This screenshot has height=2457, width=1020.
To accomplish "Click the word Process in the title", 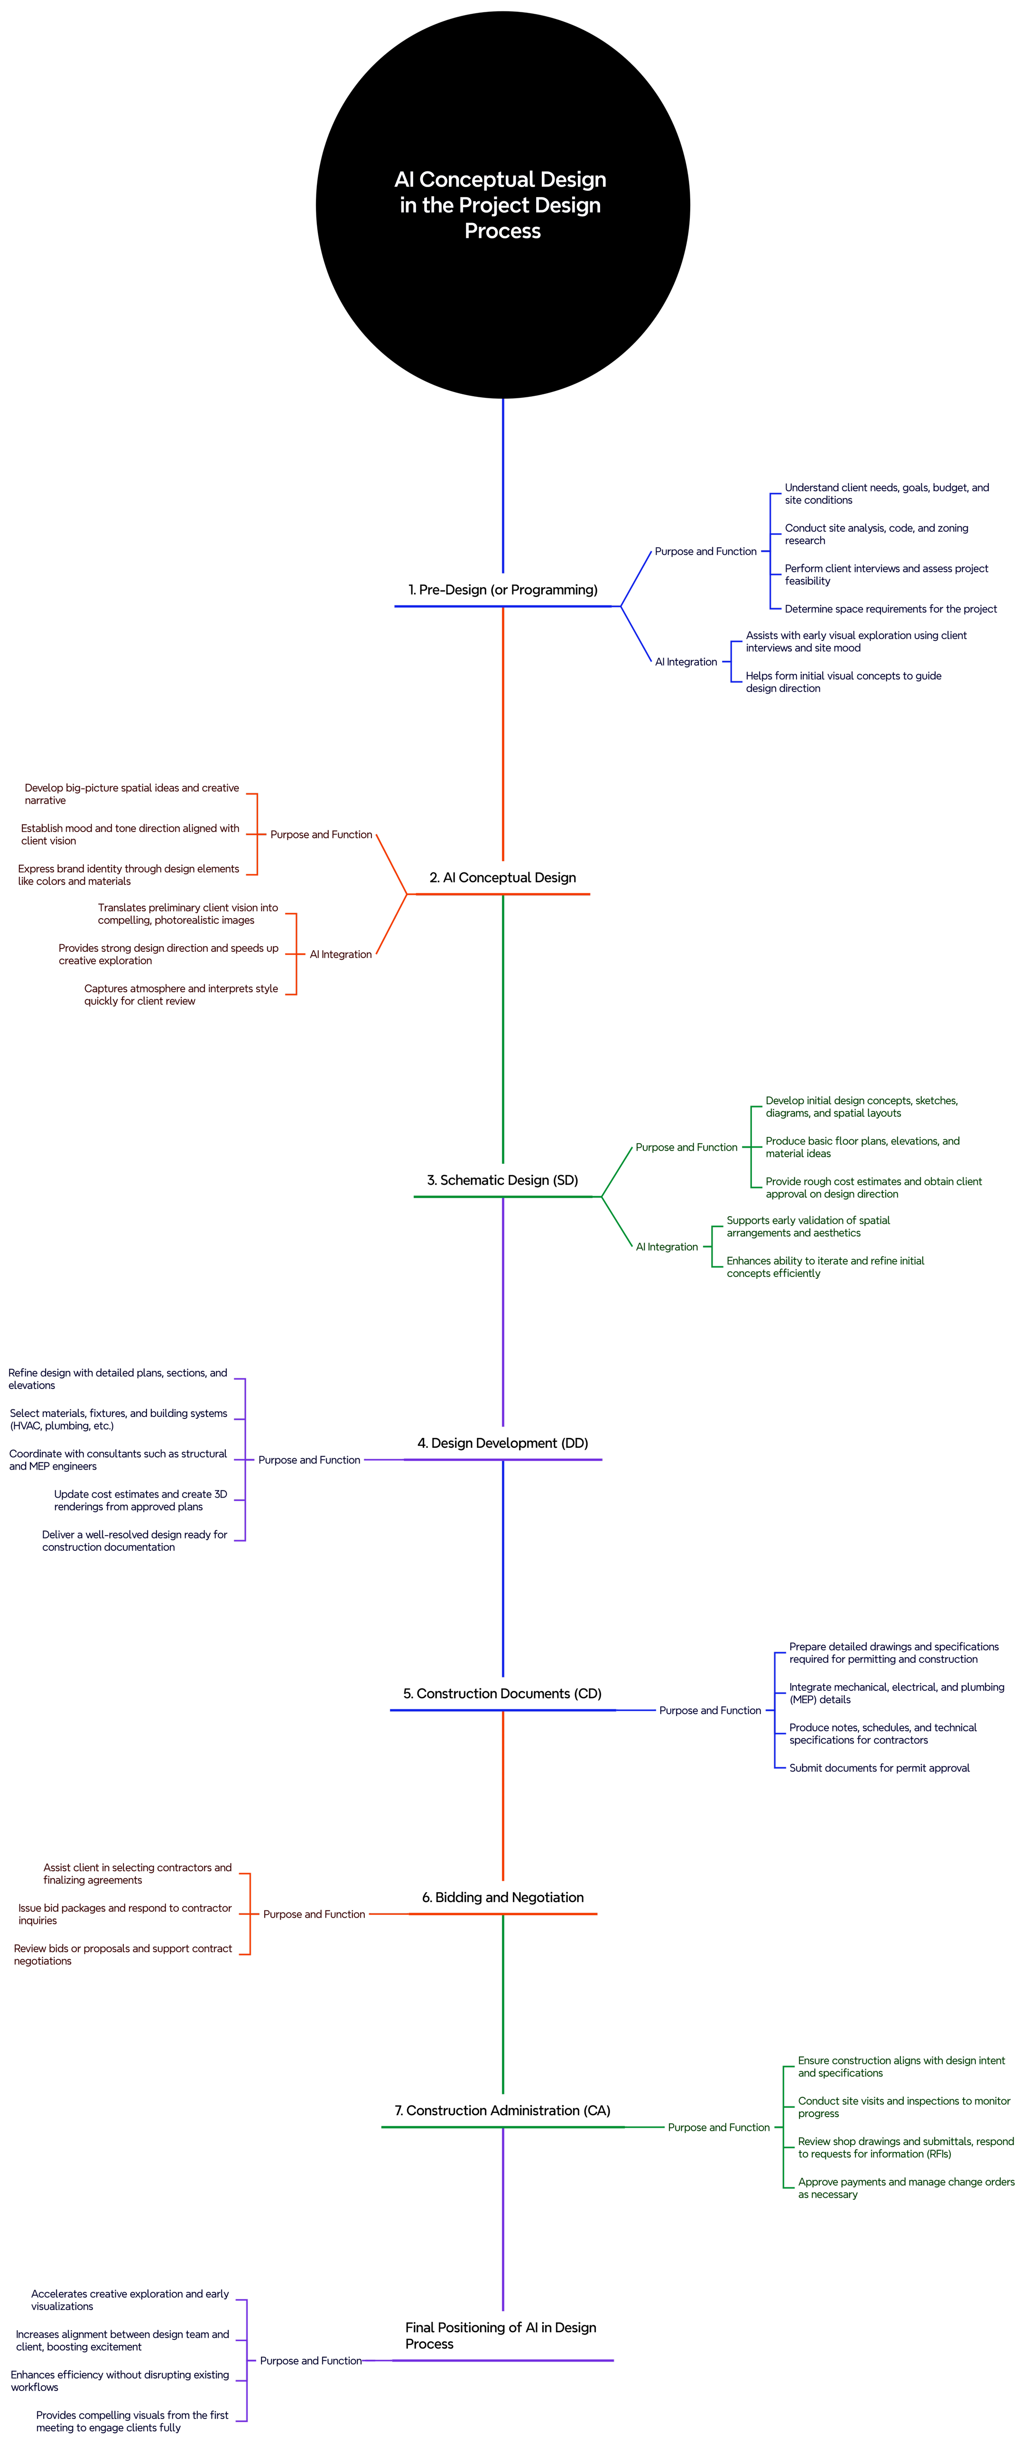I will (502, 231).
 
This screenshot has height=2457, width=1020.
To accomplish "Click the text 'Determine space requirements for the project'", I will (890, 608).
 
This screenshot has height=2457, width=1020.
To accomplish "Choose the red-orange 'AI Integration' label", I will (340, 954).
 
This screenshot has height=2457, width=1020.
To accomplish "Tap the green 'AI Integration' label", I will (667, 1247).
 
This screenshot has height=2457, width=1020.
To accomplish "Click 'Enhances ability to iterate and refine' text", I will (825, 1266).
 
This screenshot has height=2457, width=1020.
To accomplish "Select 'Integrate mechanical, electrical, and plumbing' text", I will (896, 1693).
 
